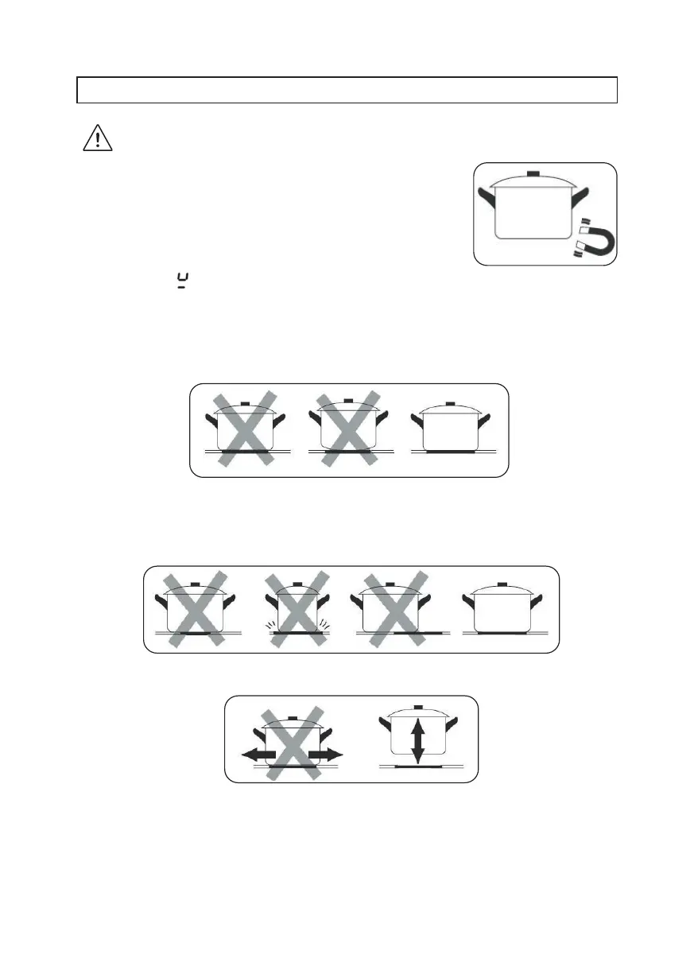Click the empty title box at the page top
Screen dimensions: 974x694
347,90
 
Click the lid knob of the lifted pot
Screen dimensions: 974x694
418,706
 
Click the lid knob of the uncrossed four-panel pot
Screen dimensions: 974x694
502,584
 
